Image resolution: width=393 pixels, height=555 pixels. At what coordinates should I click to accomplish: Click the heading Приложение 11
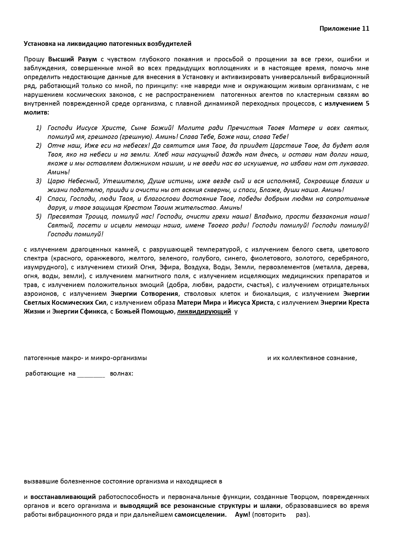344,28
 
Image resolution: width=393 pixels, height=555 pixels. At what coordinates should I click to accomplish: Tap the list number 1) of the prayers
39,128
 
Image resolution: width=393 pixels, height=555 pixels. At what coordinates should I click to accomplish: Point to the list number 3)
39,181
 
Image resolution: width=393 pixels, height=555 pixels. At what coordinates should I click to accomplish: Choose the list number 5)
39,216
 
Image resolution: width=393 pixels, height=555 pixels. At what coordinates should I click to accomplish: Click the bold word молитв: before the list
36,112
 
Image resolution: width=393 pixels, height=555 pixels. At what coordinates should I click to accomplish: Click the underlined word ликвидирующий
204,311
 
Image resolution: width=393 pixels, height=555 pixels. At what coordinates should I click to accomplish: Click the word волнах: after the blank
121,373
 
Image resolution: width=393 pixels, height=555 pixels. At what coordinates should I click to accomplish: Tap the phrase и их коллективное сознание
312,358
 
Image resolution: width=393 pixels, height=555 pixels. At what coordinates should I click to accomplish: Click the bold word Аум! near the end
242,514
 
